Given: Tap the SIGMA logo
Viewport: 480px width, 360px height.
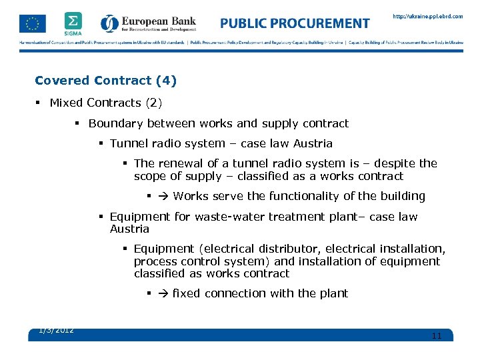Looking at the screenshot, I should click(73, 23).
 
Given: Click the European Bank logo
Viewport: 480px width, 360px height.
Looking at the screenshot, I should click(149, 24).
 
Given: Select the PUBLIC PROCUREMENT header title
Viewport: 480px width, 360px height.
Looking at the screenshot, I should click(295, 23).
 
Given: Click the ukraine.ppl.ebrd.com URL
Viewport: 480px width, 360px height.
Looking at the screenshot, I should click(427, 17).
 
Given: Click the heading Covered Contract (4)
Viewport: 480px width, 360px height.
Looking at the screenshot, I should click(105, 81).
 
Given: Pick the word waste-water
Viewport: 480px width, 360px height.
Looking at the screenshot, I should click(230, 217).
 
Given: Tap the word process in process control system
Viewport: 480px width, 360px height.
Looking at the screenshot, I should click(155, 261).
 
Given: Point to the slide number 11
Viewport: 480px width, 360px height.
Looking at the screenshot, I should click(437, 336).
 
